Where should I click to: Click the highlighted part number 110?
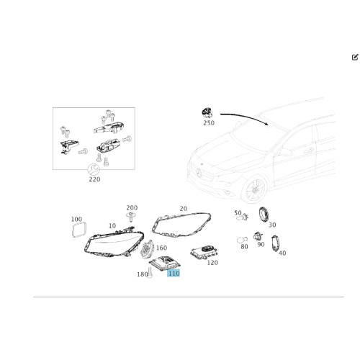pyautogui.click(x=174, y=274)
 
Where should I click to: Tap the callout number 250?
pyautogui.click(x=210, y=125)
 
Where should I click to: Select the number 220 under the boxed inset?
pyautogui.click(x=94, y=180)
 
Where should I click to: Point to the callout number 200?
pyautogui.click(x=132, y=207)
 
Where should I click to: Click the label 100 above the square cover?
pyautogui.click(x=77, y=219)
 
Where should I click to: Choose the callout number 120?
pyautogui.click(x=212, y=263)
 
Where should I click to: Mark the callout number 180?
pyautogui.click(x=141, y=274)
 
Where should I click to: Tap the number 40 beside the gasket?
pyautogui.click(x=282, y=253)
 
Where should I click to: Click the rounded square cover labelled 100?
pyautogui.click(x=77, y=230)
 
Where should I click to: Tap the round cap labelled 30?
pyautogui.click(x=264, y=214)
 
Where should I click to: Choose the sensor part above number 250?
pyautogui.click(x=207, y=113)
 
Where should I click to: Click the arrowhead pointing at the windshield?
pyautogui.click(x=268, y=123)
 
